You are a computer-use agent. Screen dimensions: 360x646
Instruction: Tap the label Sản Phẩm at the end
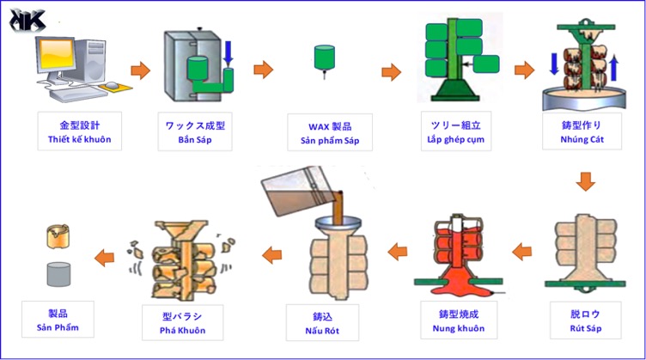pos(56,327)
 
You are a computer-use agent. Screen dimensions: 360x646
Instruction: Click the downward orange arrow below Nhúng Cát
pos(585,181)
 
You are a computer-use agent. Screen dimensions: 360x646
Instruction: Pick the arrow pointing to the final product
pos(104,255)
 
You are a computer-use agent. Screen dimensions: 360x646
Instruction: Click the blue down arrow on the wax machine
pos(229,53)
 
